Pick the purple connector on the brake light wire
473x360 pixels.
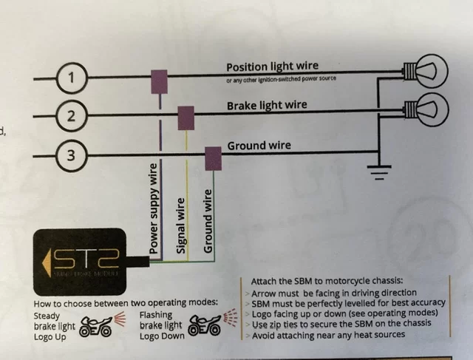[x=186, y=117]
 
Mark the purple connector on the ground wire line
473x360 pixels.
[x=213, y=156]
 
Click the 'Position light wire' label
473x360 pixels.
[x=272, y=67]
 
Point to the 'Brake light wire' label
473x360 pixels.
[x=266, y=106]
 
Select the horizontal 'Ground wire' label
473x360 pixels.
[x=259, y=146]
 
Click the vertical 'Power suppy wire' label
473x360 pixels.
[x=154, y=209]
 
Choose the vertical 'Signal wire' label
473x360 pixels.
[x=180, y=225]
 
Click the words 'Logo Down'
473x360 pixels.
[x=161, y=336]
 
